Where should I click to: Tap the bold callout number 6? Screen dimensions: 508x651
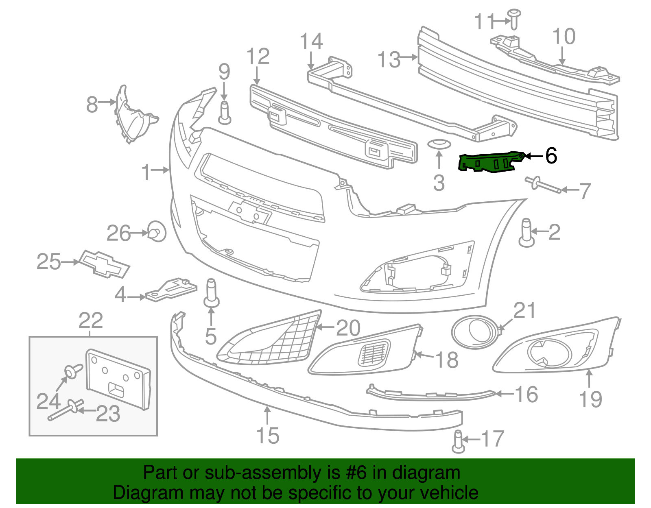551,155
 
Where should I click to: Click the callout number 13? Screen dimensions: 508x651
389,59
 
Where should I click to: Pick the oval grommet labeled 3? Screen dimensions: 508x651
439,144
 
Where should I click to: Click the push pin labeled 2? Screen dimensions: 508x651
526,232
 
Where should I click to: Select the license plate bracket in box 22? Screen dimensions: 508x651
118,378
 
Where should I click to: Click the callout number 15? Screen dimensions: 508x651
268,436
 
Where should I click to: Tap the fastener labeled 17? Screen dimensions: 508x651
458,441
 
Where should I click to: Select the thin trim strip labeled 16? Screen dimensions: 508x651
431,393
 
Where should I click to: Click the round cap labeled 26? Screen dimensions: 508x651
156,231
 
